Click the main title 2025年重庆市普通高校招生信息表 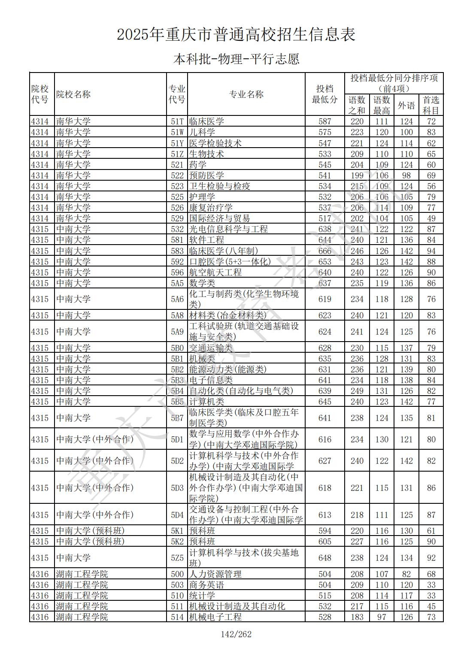click(x=236, y=35)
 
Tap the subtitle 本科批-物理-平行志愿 click(x=236, y=59)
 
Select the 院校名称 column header click(x=73, y=94)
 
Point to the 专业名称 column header click(x=246, y=94)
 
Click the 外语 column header click(x=406, y=105)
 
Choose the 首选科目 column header click(x=431, y=105)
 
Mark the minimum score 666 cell click(x=325, y=251)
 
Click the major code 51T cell click(x=177, y=121)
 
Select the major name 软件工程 click(x=207, y=240)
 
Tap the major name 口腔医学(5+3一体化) click(x=230, y=262)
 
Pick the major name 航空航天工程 click(x=215, y=272)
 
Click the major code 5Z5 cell click(x=177, y=558)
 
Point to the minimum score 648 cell click(x=325, y=558)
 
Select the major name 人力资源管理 click(x=215, y=574)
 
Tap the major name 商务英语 click(x=207, y=585)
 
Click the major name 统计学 click(x=202, y=596)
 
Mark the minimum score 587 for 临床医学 click(x=325, y=121)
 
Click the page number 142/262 click(x=236, y=634)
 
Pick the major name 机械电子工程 click(x=215, y=617)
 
